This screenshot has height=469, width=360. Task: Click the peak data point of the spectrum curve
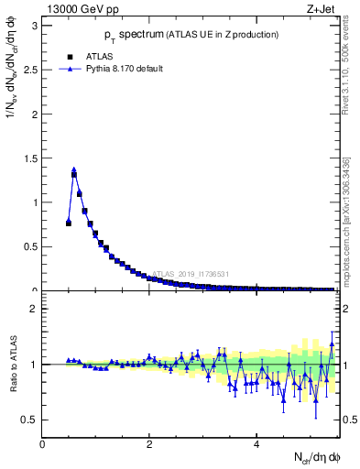tap(74, 170)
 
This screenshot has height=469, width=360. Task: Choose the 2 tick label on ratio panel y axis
tap(34, 310)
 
